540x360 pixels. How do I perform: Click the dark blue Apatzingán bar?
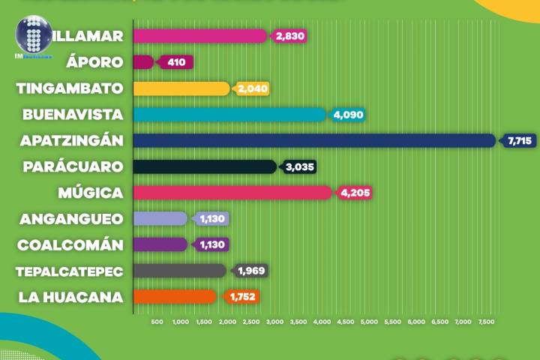click(x=313, y=140)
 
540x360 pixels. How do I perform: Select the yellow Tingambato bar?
click(x=181, y=88)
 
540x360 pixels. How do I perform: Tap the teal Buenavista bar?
click(x=229, y=115)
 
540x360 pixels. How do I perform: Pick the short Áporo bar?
click(x=143, y=62)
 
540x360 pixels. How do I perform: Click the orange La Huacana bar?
click(x=175, y=296)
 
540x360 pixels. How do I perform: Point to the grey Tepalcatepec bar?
click(x=179, y=270)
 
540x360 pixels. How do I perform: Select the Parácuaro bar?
click(x=205, y=166)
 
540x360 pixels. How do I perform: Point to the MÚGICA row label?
click(x=91, y=193)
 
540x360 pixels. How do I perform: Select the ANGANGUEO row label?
click(x=70, y=219)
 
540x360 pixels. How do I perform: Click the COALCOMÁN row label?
click(x=70, y=244)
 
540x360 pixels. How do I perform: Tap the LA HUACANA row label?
click(x=71, y=296)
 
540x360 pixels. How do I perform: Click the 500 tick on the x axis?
click(x=157, y=322)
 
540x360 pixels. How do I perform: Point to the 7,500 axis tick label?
click(x=486, y=322)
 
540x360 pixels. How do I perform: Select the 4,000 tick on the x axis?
click(x=321, y=322)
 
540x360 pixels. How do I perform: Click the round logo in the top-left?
click(x=34, y=36)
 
